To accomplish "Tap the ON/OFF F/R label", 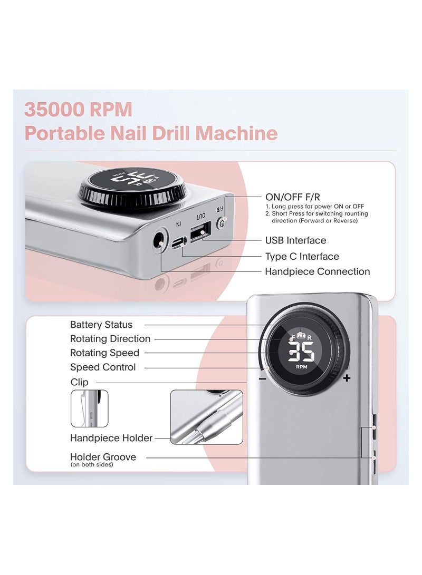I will pyautogui.click(x=293, y=197).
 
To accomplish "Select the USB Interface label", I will pyautogui.click(x=295, y=240).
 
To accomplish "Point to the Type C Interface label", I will pyautogui.click(x=302, y=256).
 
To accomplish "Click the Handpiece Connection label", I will pyautogui.click(x=317, y=271).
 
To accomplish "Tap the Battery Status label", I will pyautogui.click(x=101, y=325).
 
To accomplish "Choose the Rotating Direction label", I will pyautogui.click(x=110, y=339).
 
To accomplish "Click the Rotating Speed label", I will pyautogui.click(x=104, y=353).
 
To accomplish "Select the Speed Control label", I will pyautogui.click(x=103, y=367).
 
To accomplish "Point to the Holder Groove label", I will pyautogui.click(x=103, y=457).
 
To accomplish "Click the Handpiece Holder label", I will pyautogui.click(x=111, y=438).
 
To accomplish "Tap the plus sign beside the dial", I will pyautogui.click(x=347, y=378).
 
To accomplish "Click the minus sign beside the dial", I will pyautogui.click(x=262, y=378).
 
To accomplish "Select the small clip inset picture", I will pyautogui.click(x=89, y=408).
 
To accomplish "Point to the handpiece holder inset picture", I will pyautogui.click(x=206, y=417).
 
